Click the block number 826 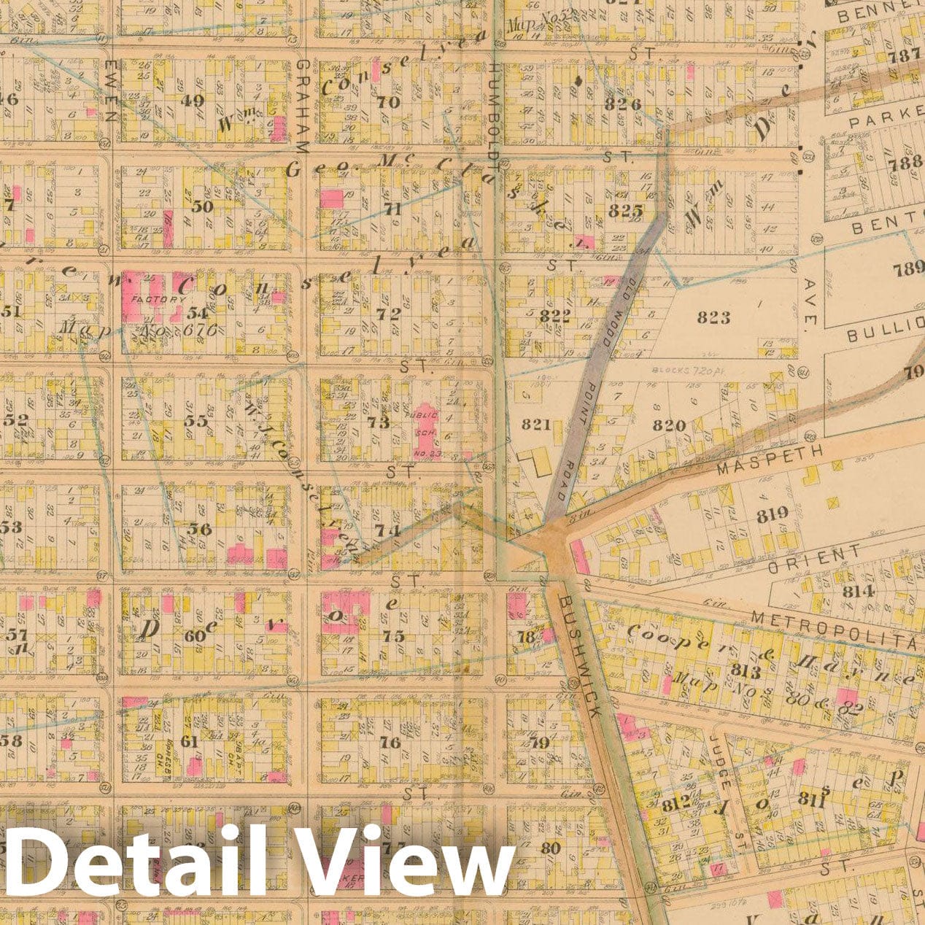(x=622, y=104)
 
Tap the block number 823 (x=713, y=317)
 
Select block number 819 (x=772, y=514)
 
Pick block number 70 (x=388, y=102)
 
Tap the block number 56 (x=198, y=529)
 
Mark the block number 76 (x=390, y=742)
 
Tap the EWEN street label (x=111, y=91)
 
